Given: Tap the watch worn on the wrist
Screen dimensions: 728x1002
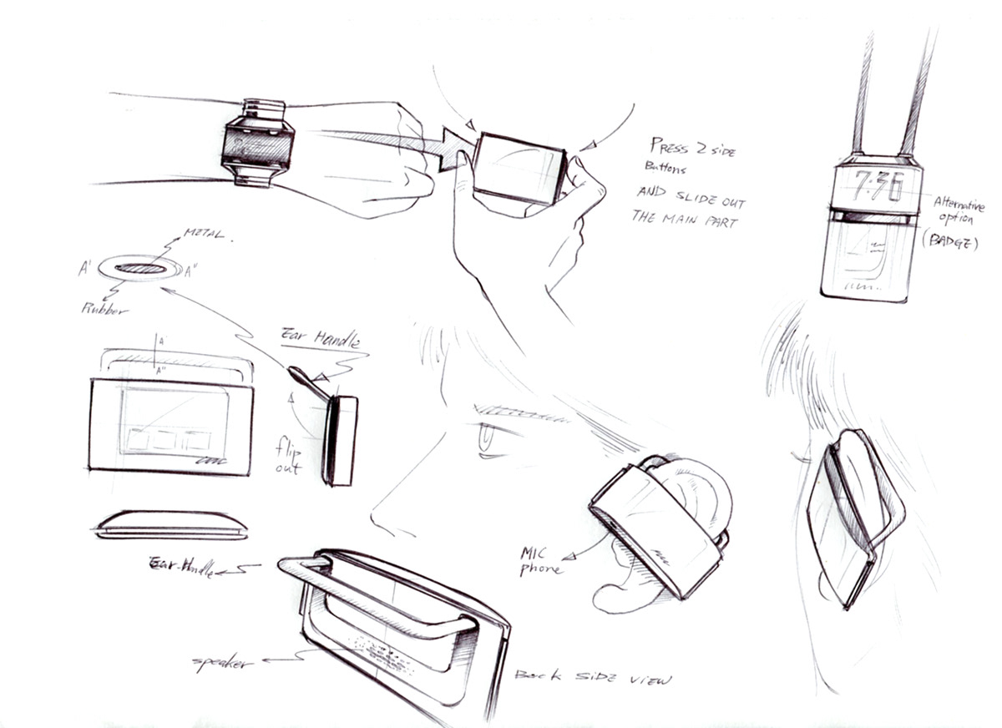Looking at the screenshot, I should (258, 143).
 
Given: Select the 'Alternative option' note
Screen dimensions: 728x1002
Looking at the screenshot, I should (958, 211).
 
